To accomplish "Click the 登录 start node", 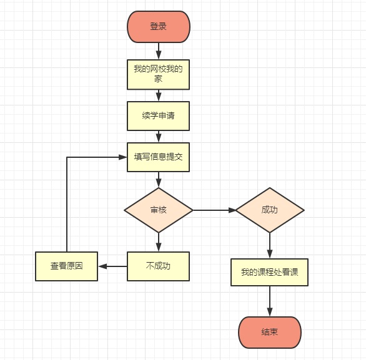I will point(158,27).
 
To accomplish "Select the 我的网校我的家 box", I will point(158,74).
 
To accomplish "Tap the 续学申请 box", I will point(158,115).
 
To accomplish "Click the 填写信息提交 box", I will point(158,157).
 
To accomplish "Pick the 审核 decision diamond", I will point(158,210).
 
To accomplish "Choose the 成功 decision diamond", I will point(270,210).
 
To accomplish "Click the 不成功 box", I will point(158,266).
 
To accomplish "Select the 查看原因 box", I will point(66,266).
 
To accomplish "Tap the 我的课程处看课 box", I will point(270,272).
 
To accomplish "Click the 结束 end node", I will point(270,332).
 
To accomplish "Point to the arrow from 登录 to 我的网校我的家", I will point(159,51).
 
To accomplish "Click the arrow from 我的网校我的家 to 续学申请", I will point(159,95).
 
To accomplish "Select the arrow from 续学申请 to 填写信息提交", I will point(159,137).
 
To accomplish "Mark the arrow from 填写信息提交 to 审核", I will point(159,179).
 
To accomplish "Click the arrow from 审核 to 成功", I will point(214,210).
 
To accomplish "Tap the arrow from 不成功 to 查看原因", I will point(112,266).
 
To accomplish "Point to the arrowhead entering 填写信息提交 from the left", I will point(123,157).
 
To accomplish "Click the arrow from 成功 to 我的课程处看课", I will point(270,245).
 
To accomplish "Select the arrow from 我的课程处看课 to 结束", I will point(270,301).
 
